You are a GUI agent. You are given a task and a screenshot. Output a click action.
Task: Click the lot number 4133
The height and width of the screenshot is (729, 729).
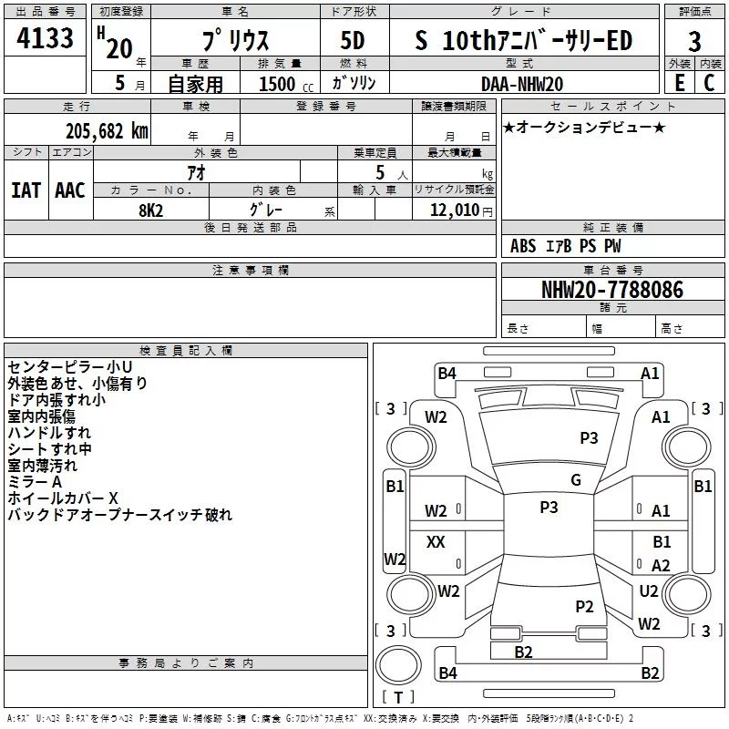point(45,37)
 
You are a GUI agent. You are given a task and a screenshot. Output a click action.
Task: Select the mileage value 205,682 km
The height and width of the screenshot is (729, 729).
point(107,131)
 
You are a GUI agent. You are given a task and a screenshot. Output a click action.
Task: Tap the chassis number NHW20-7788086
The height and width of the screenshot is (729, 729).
point(612,290)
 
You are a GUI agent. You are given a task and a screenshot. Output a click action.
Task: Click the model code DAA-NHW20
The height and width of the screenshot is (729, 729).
point(522,84)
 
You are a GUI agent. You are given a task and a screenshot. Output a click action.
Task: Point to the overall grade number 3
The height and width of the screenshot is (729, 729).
point(694,42)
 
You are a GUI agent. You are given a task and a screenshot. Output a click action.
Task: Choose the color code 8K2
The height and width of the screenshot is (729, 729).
point(151,210)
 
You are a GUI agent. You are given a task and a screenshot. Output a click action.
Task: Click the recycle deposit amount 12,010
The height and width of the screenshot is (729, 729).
point(455,210)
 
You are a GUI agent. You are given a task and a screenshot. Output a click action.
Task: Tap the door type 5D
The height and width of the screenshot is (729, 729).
point(353,40)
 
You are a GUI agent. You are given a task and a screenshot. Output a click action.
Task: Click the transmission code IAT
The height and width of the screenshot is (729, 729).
point(26,190)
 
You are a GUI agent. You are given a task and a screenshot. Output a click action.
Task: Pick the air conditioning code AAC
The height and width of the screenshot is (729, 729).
point(70,190)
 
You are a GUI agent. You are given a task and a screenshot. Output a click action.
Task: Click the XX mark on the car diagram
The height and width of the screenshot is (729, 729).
point(436,541)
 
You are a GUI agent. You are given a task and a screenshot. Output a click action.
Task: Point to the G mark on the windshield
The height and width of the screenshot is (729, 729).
point(576,480)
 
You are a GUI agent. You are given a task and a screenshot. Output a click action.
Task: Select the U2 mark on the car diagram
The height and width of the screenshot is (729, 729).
point(649,590)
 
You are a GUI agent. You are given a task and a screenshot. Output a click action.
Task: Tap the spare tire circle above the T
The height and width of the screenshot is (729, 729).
point(398,665)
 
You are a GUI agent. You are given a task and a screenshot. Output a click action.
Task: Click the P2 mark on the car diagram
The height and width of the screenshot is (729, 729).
point(584,606)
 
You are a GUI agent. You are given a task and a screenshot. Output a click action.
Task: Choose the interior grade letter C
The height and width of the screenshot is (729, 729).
point(709,83)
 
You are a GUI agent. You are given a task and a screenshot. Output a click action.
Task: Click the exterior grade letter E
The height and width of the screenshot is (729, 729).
point(680,83)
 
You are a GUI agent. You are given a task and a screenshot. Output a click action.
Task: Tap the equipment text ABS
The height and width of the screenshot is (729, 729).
point(523,246)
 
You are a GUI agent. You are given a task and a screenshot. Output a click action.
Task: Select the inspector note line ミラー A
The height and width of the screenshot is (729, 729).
point(35,482)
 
